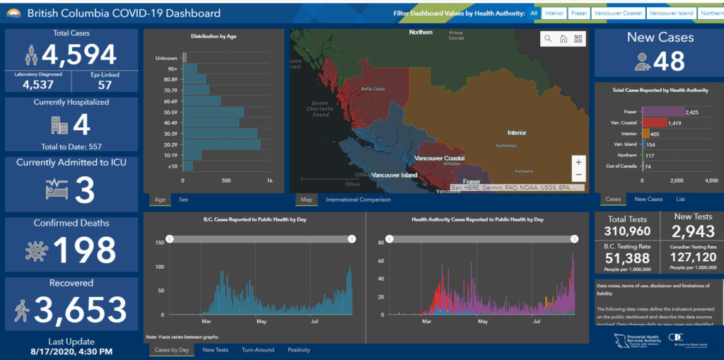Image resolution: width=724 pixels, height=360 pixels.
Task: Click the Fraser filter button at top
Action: click(x=579, y=13)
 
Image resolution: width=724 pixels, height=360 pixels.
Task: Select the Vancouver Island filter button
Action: click(x=671, y=13)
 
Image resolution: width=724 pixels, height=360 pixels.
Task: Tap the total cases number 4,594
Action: click(x=78, y=54)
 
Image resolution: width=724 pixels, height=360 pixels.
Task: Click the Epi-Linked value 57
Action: click(x=105, y=85)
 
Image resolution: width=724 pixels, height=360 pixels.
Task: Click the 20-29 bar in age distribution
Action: click(x=221, y=144)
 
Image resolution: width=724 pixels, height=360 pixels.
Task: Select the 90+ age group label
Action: click(x=172, y=69)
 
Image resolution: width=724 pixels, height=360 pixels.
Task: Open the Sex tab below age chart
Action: click(x=184, y=199)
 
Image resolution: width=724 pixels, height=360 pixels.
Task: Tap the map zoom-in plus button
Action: click(x=578, y=162)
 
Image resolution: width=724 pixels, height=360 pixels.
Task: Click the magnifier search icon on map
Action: click(x=548, y=40)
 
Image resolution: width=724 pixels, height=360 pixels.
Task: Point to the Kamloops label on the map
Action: click(x=506, y=146)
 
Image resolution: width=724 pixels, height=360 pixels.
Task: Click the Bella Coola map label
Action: click(x=373, y=89)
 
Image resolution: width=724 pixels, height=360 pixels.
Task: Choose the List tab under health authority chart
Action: click(x=680, y=199)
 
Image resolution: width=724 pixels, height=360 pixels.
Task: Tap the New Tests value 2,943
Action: click(x=693, y=231)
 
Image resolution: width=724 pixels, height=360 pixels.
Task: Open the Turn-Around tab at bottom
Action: click(x=258, y=350)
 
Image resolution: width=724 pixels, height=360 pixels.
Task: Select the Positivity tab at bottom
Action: click(x=299, y=350)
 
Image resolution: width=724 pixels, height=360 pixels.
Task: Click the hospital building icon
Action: click(x=59, y=125)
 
